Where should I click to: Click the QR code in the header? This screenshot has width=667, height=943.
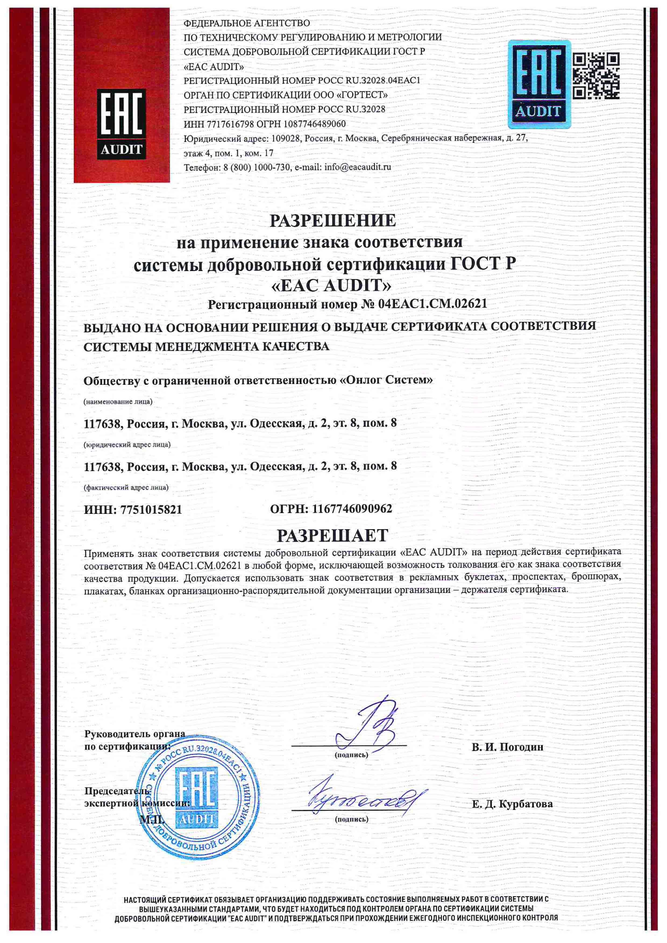(x=596, y=76)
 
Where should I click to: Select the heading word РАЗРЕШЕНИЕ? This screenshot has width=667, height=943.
(x=333, y=221)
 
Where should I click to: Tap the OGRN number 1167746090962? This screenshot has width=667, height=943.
(x=352, y=509)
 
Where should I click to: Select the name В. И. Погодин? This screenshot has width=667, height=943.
(x=507, y=747)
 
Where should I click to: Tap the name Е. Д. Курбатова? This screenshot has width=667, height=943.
(x=512, y=804)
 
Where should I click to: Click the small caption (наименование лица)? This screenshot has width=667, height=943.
(x=118, y=402)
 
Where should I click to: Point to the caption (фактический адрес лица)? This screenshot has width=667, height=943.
(x=126, y=487)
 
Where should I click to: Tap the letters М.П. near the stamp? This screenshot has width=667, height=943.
(x=152, y=820)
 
